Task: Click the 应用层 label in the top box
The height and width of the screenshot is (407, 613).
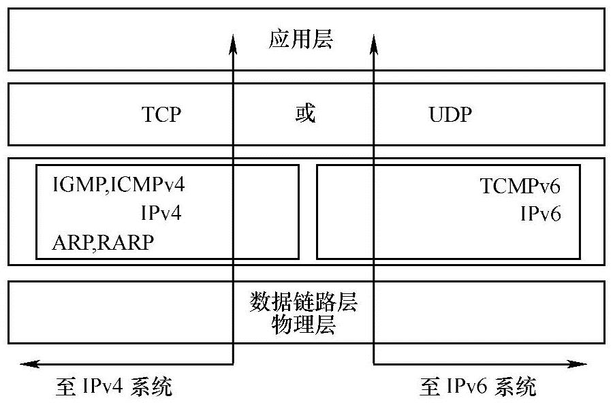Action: point(300,40)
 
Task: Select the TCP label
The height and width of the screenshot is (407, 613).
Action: point(161,114)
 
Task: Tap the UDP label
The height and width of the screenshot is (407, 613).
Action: point(450,114)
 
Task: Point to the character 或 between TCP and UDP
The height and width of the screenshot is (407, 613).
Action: point(304,114)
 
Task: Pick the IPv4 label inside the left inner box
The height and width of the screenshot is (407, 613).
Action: point(161,213)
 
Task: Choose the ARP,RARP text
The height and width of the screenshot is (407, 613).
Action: point(102,242)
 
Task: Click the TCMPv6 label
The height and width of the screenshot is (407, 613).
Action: point(520,185)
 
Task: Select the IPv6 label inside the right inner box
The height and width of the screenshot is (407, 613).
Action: point(541,214)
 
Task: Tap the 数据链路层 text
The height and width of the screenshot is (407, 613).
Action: point(304,301)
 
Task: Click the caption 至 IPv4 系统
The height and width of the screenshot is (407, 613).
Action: point(113,387)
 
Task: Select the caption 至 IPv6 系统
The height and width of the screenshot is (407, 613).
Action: point(477,387)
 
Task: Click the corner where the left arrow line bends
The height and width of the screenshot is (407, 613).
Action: point(233,364)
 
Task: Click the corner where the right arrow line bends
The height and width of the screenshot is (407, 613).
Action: point(373,364)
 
